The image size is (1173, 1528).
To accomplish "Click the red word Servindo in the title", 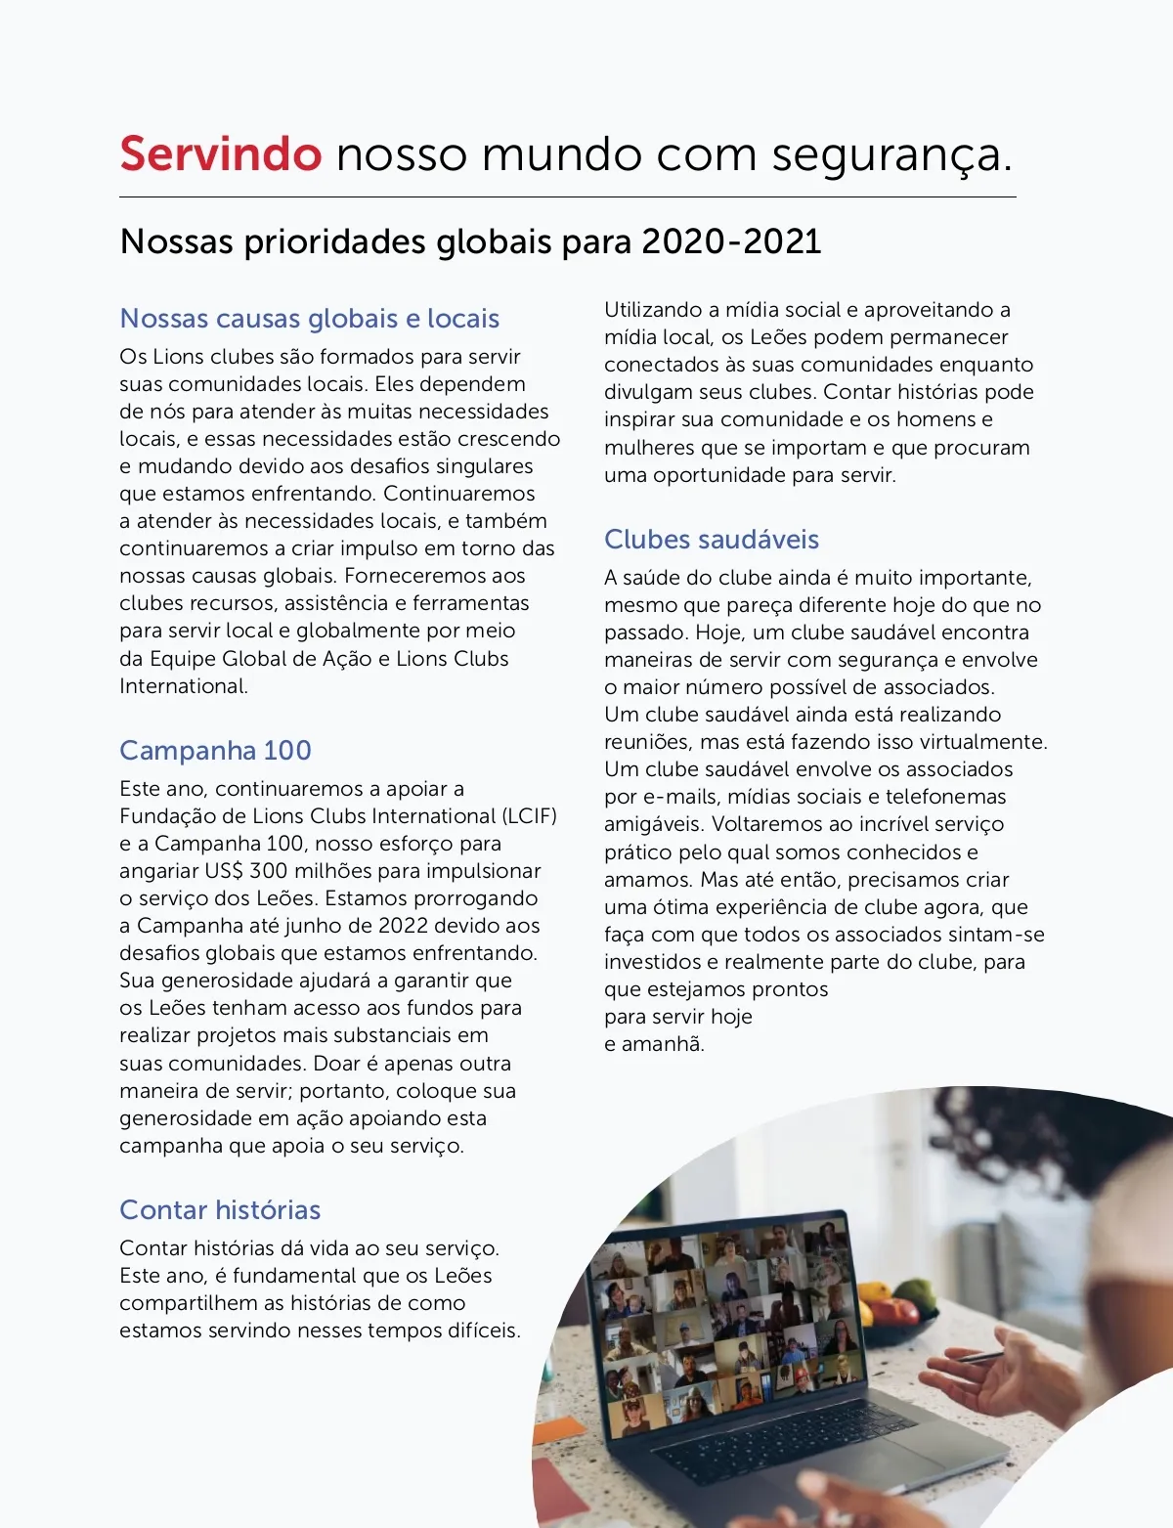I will pyautogui.click(x=220, y=154).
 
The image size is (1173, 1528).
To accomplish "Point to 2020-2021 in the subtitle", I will pyautogui.click(x=731, y=241).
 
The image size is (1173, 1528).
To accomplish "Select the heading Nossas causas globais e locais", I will pyautogui.click(x=309, y=319).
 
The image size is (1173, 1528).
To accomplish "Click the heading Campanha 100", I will pyautogui.click(x=215, y=751).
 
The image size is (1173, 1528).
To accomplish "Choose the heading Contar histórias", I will pyautogui.click(x=220, y=1210).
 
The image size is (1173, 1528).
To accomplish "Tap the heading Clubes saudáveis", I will pyautogui.click(x=711, y=540).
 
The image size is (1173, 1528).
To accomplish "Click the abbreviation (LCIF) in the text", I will pyautogui.click(x=529, y=816).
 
